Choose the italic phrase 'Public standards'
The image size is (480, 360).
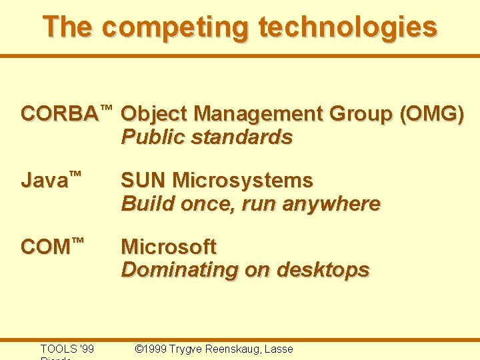(x=207, y=137)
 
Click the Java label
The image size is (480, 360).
(x=44, y=181)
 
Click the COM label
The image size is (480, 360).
(x=45, y=247)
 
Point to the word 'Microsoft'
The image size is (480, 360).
(x=169, y=247)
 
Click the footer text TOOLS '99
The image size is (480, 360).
(x=67, y=349)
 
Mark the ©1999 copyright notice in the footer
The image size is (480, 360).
(x=151, y=349)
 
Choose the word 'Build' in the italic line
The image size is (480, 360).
(x=142, y=204)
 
